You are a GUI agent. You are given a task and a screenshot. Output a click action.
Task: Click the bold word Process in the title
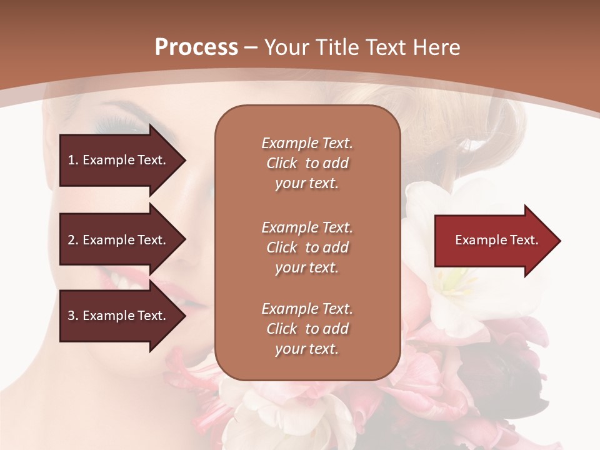coord(196,47)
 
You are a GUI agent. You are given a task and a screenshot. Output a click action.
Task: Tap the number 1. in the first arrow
coord(73,160)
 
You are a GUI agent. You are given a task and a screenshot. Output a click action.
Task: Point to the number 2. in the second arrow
coord(73,240)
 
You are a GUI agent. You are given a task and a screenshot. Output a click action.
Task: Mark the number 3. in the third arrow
coord(73,316)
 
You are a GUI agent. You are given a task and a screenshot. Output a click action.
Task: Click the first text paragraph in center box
coord(307,163)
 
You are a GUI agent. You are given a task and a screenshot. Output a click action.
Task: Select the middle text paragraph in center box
coord(307,247)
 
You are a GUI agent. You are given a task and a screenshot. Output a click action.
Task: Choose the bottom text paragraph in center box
coord(307,329)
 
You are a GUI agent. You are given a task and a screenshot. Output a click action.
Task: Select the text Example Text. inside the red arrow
coord(496,240)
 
